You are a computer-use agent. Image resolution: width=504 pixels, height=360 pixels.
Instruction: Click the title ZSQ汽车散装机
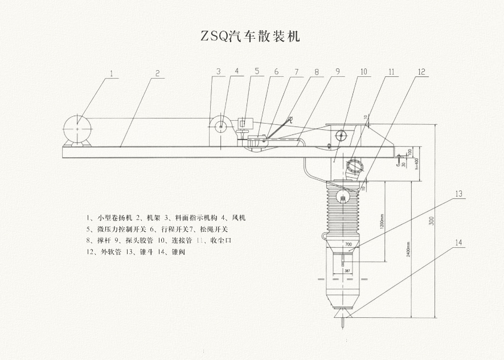[x=250, y=37]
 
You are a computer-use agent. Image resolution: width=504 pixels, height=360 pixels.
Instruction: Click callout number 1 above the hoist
[x=112, y=73]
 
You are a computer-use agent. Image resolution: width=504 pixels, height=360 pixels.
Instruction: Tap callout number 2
[x=158, y=73]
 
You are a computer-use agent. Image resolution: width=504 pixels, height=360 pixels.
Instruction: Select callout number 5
[x=257, y=71]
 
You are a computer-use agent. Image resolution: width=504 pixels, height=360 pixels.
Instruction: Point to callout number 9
[x=337, y=71]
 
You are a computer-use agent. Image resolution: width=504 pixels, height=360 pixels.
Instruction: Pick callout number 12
[x=421, y=72]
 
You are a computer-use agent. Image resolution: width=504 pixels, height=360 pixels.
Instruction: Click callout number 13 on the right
[x=459, y=194]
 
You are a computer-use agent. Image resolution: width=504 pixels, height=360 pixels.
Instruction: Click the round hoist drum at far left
[x=76, y=128]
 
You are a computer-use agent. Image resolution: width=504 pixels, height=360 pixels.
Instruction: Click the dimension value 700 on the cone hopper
[x=348, y=244]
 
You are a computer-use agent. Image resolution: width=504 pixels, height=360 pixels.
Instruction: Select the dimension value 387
[x=347, y=271]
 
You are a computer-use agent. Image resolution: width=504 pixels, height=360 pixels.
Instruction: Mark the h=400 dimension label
[x=416, y=162]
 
